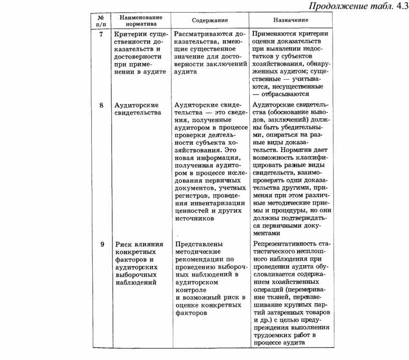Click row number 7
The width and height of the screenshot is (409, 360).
coord(101,35)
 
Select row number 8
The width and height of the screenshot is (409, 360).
coord(101,106)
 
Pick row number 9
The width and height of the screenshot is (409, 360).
coord(101,244)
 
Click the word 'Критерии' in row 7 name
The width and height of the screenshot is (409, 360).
coord(128,35)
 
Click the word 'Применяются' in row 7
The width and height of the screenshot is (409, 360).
coord(275,34)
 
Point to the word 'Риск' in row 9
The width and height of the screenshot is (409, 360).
coord(122,244)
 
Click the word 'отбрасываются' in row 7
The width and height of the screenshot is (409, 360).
coord(285,94)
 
